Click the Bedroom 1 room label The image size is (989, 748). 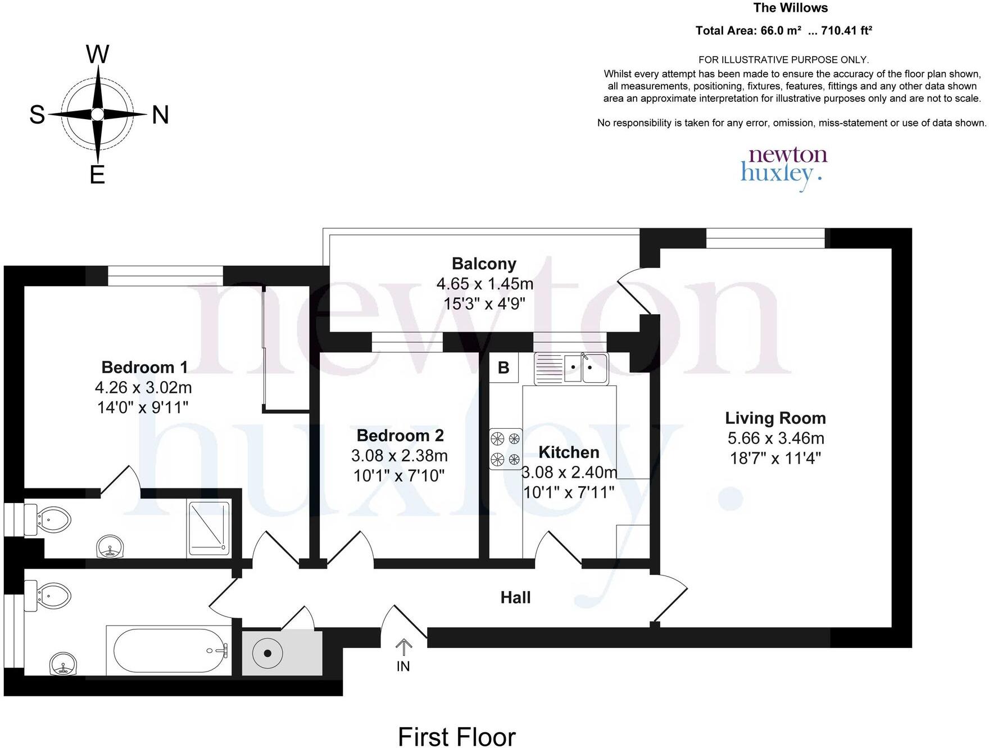pos(144,368)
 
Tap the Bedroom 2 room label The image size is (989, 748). pos(400,436)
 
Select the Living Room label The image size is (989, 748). pos(775,418)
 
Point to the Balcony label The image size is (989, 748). pos(484,264)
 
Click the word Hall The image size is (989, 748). pos(515,597)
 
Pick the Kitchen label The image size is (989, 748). pos(569,452)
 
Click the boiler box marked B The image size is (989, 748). pos(503,368)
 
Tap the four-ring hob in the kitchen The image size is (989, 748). pos(505,449)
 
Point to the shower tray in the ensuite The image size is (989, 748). pos(209,528)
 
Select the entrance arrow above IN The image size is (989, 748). pos(403,647)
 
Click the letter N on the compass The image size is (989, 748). pos(161,115)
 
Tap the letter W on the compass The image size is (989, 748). pos(97,55)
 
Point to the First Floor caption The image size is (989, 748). pos(456,737)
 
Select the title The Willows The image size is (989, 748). pos(790,8)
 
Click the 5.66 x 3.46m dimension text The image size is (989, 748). pos(775,438)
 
